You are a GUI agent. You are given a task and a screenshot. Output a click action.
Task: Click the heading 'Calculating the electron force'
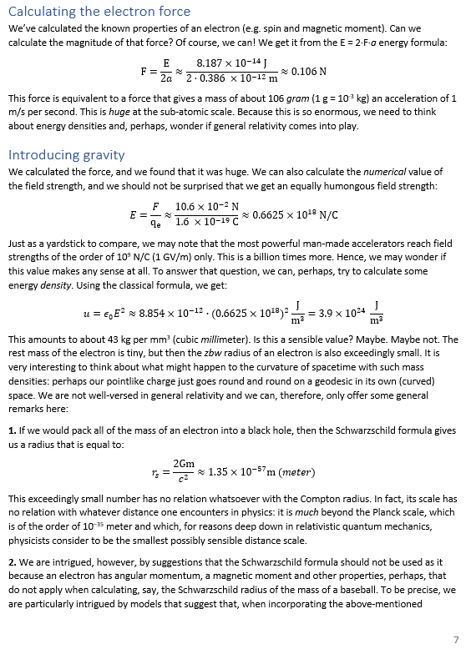(99, 12)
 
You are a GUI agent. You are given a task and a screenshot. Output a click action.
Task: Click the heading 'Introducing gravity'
(67, 155)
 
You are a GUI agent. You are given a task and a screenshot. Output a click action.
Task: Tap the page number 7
(456, 639)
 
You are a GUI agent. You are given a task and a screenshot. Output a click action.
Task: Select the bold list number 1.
(12, 430)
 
